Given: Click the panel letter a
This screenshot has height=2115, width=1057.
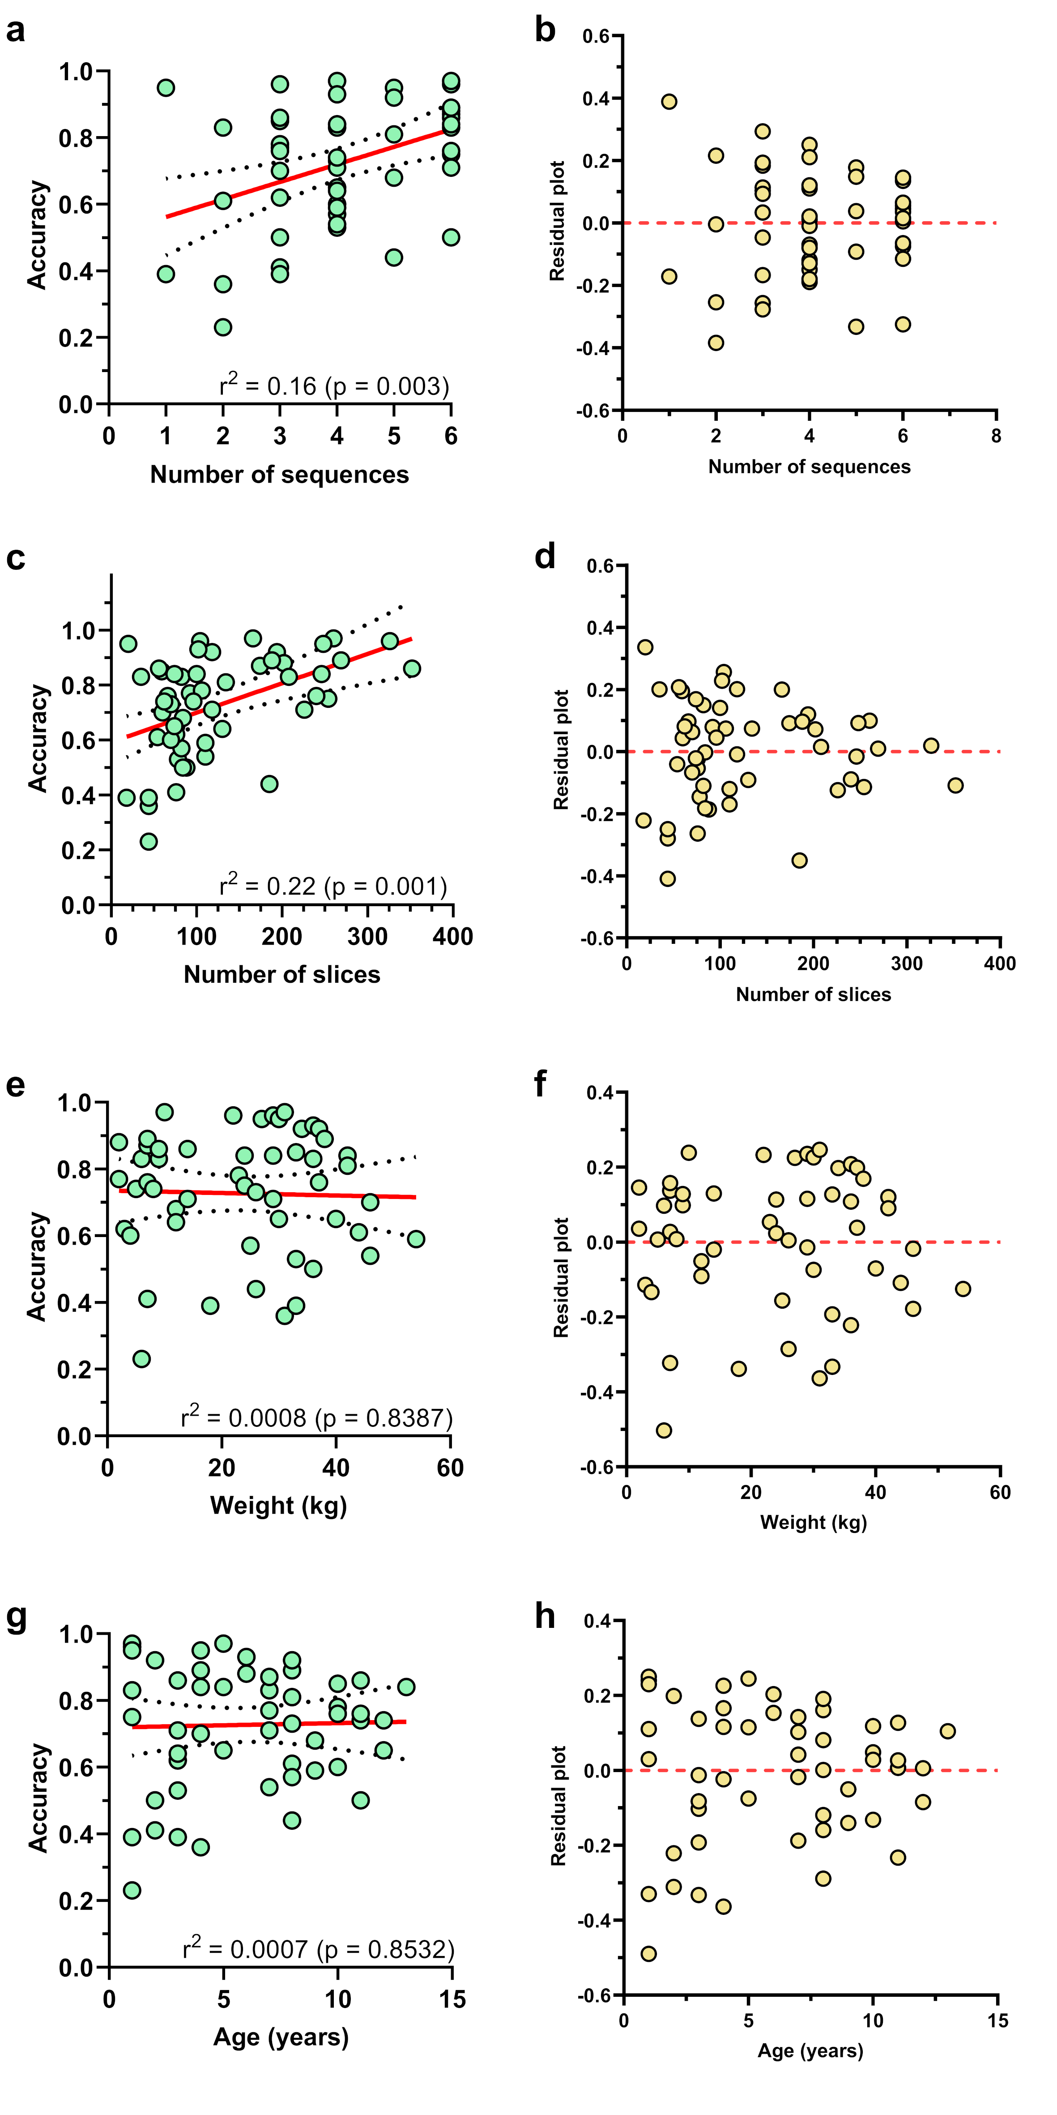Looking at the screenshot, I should (x=16, y=31).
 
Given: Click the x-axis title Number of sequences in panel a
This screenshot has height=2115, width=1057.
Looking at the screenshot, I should (x=279, y=475).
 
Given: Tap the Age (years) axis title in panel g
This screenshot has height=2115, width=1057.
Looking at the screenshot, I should (x=281, y=2037).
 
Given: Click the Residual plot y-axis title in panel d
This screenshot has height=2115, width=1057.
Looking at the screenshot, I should (x=561, y=749).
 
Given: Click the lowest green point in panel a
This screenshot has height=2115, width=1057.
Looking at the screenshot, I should (x=222, y=327).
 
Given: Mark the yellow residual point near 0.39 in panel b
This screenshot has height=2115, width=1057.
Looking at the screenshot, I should (x=669, y=102).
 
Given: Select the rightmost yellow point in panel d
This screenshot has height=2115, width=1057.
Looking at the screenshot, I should (x=955, y=785).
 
